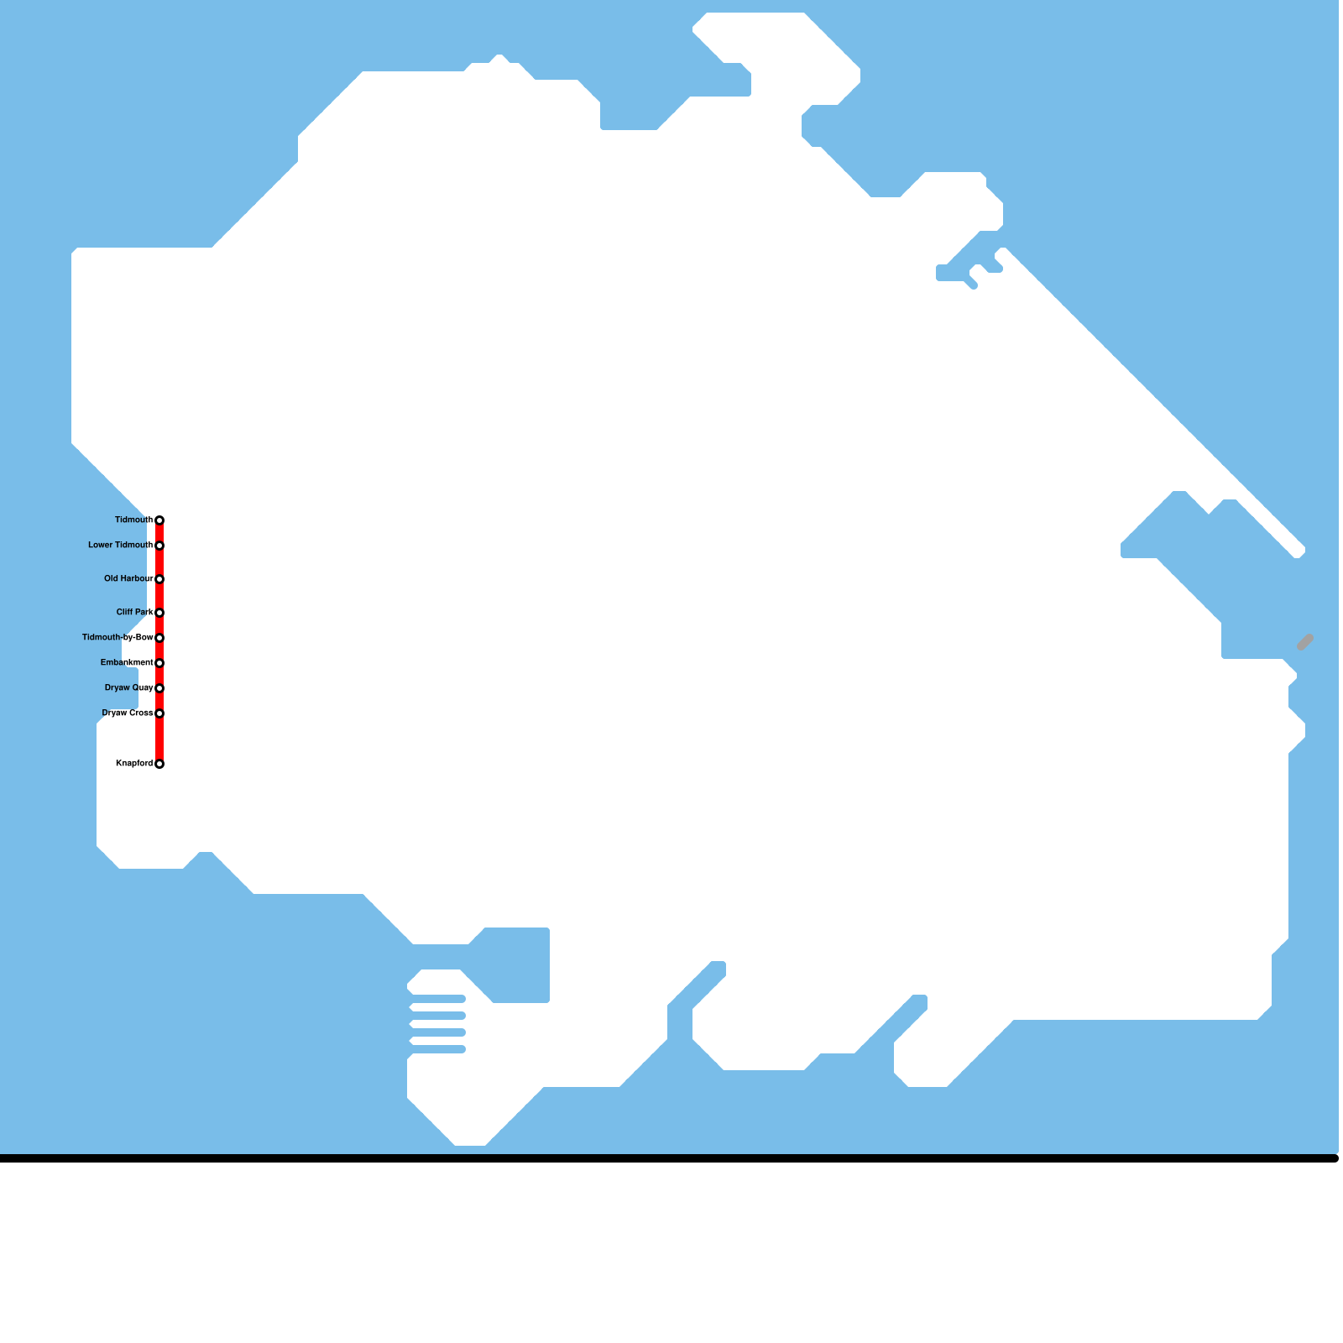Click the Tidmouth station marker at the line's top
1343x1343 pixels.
click(159, 520)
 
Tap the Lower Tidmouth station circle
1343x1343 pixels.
click(159, 546)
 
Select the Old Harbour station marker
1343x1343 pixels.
click(159, 579)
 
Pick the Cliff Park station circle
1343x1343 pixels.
click(159, 613)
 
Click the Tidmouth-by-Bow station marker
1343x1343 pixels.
click(159, 638)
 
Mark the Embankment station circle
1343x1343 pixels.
click(159, 663)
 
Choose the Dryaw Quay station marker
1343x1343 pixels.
click(159, 688)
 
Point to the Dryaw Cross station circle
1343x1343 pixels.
click(159, 713)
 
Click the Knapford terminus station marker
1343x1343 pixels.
click(159, 764)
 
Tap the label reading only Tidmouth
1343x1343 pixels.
click(133, 520)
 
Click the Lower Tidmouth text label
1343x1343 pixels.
click(120, 546)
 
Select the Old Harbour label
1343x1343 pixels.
click(128, 579)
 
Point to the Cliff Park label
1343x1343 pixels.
click(134, 613)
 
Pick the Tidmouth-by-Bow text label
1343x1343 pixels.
click(118, 638)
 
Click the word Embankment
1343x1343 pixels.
click(127, 663)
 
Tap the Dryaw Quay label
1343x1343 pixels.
click(128, 688)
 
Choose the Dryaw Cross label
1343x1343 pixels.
click(128, 713)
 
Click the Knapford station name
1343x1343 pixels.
click(134, 764)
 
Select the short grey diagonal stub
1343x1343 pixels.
click(1305, 642)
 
